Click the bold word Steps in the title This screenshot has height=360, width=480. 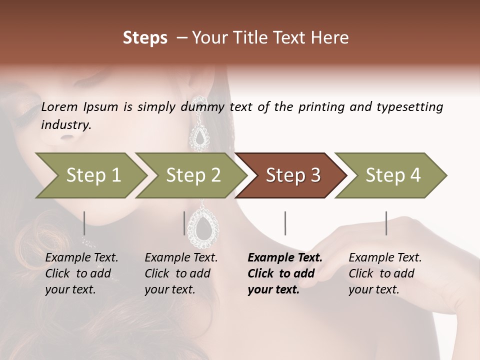145,38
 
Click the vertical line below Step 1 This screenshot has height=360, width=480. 84,223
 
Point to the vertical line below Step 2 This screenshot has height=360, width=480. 184,223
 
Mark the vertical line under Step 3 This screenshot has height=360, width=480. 285,223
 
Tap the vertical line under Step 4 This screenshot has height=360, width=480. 386,223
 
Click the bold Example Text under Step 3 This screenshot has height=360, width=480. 285,273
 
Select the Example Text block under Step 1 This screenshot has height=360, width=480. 81,273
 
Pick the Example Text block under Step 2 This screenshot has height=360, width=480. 181,273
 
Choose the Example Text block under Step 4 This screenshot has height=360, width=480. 385,273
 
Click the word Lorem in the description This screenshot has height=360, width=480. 59,107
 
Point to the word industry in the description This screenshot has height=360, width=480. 66,125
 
